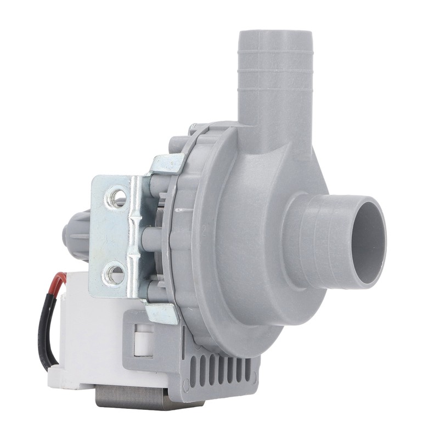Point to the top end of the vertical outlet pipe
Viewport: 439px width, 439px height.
[275, 34]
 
